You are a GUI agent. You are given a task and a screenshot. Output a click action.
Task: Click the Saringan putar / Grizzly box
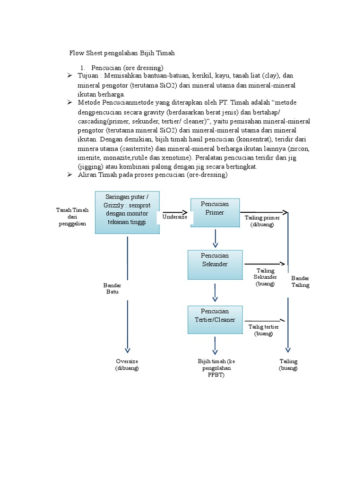pos(127,212)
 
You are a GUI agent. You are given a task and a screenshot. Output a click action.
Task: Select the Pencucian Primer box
pos(215,213)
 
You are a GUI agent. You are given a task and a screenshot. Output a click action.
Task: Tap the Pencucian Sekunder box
pos(215,264)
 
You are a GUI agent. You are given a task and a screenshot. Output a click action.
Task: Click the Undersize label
pos(175,217)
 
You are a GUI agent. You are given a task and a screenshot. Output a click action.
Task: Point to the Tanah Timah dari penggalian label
pos(72,217)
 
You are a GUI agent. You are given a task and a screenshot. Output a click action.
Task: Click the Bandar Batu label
pos(112,289)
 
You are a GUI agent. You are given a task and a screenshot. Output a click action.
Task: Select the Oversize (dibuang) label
pos(127,365)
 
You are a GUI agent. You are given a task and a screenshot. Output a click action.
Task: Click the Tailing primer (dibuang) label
pos(262,221)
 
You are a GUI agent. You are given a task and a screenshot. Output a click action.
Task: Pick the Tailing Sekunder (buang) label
pos(265,277)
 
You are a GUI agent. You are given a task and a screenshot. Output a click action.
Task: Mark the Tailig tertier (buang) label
pos(263,330)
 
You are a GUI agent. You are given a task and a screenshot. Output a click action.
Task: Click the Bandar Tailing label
pos(300,282)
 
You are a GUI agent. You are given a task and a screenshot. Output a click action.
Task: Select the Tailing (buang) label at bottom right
pos(288,365)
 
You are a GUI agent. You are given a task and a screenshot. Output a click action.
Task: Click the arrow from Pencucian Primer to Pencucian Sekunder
pos(215,239)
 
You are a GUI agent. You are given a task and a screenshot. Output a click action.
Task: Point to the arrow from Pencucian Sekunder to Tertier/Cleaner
pos(215,293)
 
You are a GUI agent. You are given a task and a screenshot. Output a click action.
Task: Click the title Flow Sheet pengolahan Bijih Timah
pos(122,53)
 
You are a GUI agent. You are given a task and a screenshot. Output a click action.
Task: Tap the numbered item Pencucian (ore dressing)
pos(127,68)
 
